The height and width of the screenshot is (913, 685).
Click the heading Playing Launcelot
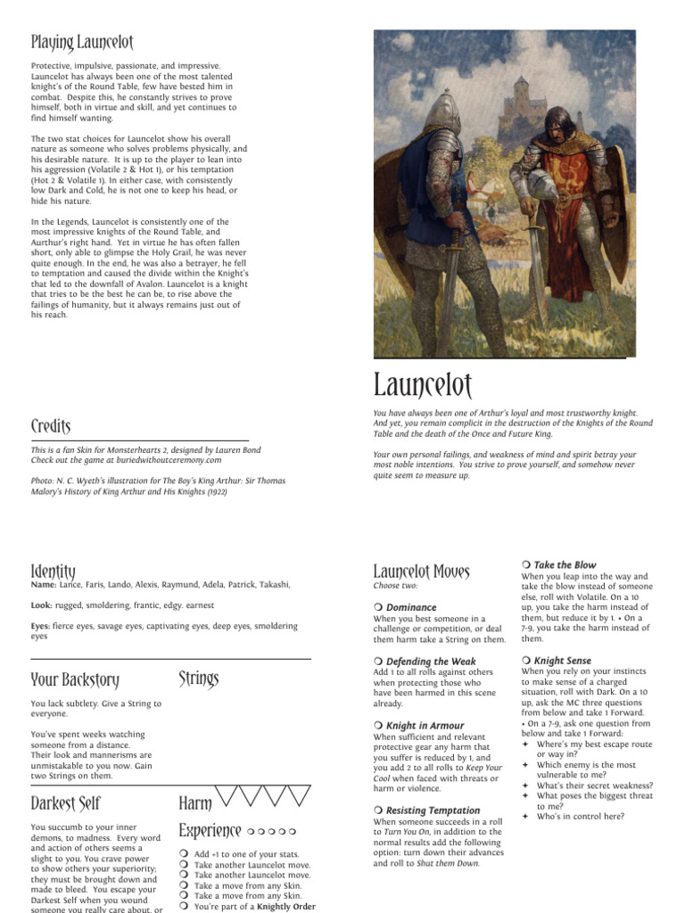click(75, 41)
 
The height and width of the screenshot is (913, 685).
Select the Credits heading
click(51, 426)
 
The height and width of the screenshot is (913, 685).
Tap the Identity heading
click(53, 571)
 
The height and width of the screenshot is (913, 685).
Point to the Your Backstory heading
click(75, 680)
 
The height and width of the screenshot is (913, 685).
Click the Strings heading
click(198, 680)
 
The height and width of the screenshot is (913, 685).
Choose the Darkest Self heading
click(65, 802)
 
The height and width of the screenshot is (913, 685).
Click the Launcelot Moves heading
click(421, 571)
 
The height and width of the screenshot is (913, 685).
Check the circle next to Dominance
click(378, 607)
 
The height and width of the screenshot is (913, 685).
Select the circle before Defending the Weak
click(378, 662)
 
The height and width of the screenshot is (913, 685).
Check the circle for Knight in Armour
click(378, 726)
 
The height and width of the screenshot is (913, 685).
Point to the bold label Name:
click(44, 584)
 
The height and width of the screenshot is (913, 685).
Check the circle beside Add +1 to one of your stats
click(183, 854)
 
